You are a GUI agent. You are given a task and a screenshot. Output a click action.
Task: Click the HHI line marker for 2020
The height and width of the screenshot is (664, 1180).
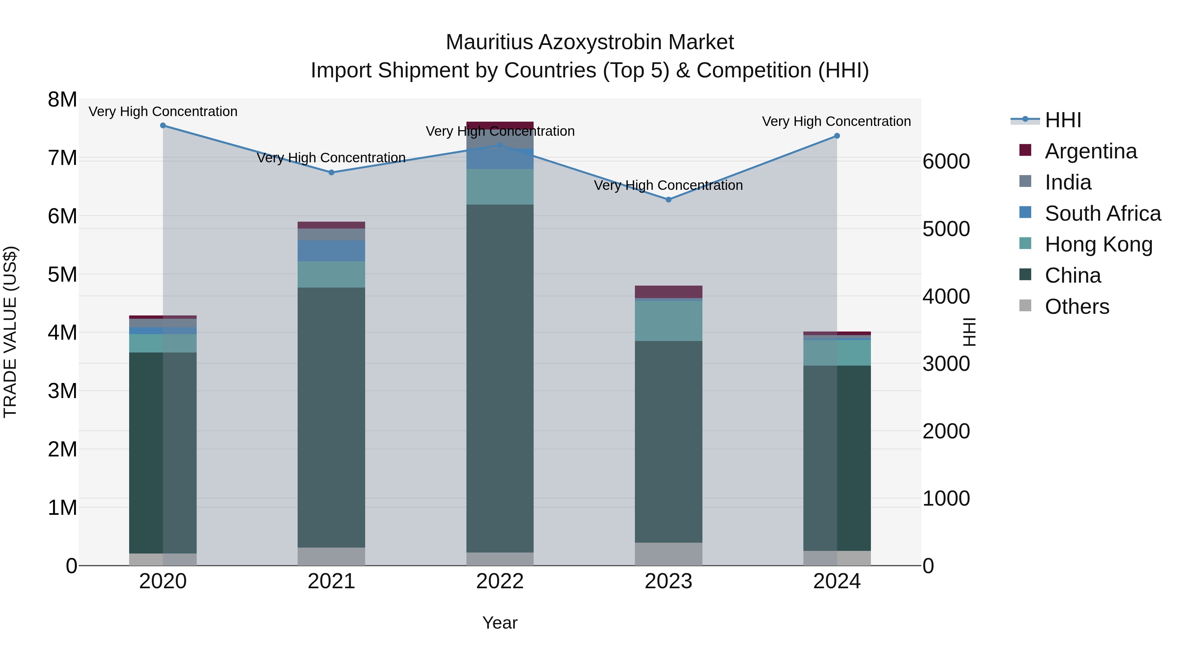tap(163, 126)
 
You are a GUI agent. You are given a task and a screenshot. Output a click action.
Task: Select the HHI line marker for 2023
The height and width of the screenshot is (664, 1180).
tap(668, 200)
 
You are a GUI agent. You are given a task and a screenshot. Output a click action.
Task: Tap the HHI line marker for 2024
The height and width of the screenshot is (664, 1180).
tap(837, 136)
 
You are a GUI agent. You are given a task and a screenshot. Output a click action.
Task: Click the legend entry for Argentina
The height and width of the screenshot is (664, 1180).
tap(1090, 151)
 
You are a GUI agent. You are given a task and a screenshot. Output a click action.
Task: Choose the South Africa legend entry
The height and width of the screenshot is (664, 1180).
tap(1102, 213)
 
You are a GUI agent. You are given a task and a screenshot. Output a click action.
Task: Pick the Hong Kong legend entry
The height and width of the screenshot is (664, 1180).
tap(1098, 244)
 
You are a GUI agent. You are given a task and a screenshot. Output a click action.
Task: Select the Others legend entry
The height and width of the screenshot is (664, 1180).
tap(1076, 307)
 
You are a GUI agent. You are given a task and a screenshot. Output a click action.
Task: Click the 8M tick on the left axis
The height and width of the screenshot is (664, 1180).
tap(62, 100)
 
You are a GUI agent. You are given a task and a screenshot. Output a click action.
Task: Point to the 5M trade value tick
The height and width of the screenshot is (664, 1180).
tap(62, 275)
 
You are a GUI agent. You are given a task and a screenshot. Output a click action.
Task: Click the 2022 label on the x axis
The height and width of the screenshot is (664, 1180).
tap(500, 581)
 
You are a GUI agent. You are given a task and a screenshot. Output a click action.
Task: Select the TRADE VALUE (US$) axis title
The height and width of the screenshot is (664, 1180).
tap(10, 332)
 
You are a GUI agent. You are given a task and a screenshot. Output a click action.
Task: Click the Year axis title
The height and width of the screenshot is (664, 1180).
tap(500, 623)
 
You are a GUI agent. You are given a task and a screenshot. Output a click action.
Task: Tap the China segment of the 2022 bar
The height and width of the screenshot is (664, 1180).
tap(500, 378)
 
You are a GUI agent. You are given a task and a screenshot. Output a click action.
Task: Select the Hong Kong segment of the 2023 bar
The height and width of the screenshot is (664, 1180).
tap(668, 321)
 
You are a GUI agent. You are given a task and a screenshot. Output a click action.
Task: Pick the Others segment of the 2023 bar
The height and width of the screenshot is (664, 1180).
tap(668, 554)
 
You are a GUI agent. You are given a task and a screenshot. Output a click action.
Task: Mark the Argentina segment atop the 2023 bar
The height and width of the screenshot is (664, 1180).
tap(668, 292)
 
